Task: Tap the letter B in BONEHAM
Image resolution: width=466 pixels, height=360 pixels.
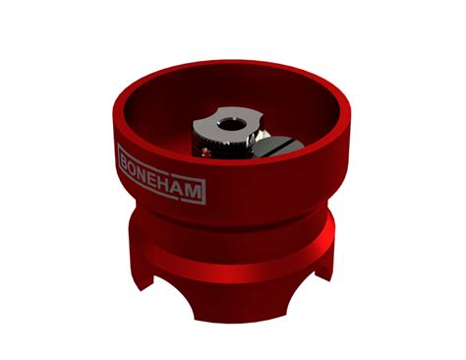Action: (x=124, y=156)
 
